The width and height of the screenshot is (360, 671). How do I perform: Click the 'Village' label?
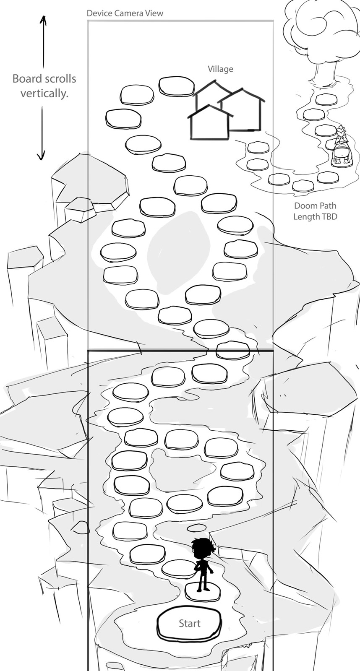click(221, 69)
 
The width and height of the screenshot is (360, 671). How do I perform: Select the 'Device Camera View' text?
click(125, 13)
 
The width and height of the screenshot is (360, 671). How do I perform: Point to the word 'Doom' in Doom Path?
click(305, 206)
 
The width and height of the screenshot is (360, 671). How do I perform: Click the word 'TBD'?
click(328, 216)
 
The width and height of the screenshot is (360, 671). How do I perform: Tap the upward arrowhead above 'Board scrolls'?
click(44, 20)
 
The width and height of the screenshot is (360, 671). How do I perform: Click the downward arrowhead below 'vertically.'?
click(41, 156)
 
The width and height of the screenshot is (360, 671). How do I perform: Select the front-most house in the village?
click(210, 122)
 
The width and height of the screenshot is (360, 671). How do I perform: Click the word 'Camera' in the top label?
click(125, 13)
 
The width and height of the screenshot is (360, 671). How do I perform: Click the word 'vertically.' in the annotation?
click(44, 94)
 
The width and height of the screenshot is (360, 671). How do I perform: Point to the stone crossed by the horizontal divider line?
click(233, 350)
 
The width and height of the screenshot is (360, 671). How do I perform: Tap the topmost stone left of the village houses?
click(176, 86)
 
